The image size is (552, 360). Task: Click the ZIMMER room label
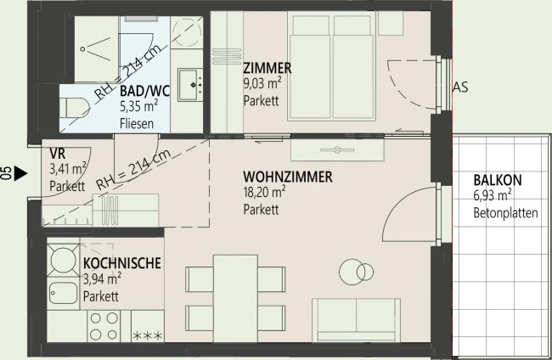[x=268, y=68]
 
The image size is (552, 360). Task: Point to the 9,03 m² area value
[x=261, y=83]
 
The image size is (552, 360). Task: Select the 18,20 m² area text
[x=262, y=192]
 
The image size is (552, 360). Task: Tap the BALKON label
[x=498, y=181]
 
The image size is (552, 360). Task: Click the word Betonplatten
[x=505, y=213]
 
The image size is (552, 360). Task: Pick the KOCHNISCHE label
[x=122, y=264]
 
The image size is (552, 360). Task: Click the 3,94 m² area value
[x=101, y=279]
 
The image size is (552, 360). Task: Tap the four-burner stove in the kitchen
[x=104, y=326]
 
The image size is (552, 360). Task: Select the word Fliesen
[x=137, y=124]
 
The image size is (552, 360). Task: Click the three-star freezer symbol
[x=149, y=338]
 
